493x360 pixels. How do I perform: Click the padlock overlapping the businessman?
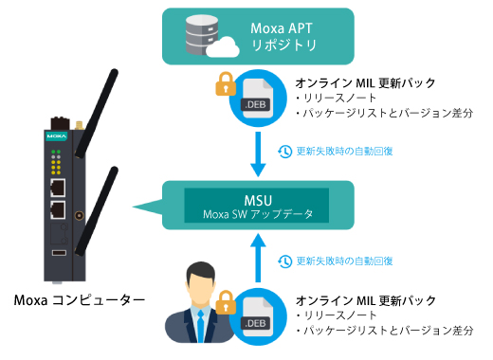coord(226,304)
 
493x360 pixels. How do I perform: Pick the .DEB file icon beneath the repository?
coord(256,99)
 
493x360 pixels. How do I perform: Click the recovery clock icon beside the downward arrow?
coord(284,152)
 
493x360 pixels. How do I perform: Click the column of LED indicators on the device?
coord(57,161)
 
